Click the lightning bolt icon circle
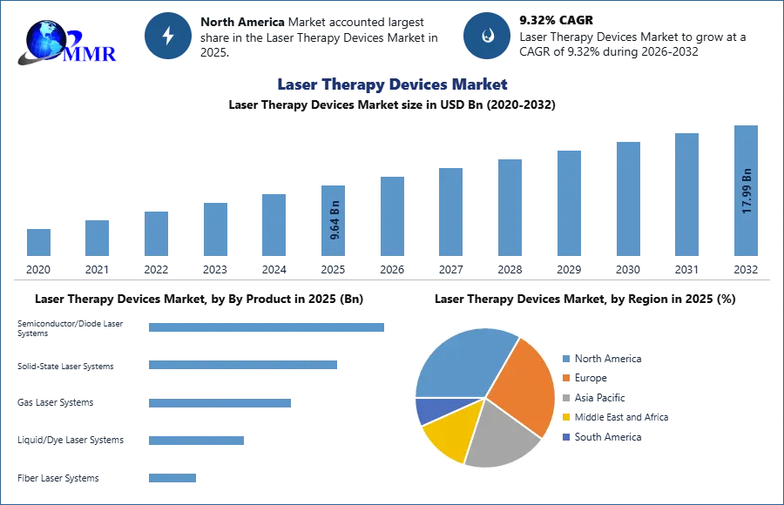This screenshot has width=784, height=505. [x=168, y=37]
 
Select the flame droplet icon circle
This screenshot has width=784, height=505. [x=487, y=37]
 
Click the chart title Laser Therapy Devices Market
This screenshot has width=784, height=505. [x=390, y=84]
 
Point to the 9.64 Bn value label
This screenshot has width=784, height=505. [x=335, y=222]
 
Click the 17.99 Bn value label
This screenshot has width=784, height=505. [x=746, y=192]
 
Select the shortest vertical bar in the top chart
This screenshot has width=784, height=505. [x=38, y=240]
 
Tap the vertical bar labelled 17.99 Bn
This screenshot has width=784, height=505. [x=746, y=192]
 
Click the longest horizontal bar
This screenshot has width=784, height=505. [x=267, y=327]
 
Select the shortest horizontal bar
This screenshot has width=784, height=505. [x=173, y=480]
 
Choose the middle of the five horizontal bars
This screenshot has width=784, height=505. [x=219, y=404]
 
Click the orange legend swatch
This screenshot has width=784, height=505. [x=565, y=378]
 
